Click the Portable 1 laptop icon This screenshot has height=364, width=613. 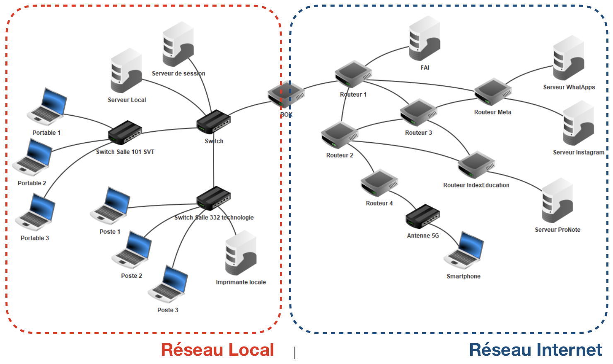pos(47,107)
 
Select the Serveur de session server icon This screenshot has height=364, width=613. pos(178,44)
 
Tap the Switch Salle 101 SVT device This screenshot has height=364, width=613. pos(125,132)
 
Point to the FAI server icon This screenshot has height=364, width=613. pos(425,38)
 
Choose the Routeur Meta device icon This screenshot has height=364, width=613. pos(493,92)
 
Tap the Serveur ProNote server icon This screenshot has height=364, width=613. pos(557,201)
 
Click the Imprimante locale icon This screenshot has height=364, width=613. pos(241,253)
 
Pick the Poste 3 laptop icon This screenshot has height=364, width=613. pos(168,284)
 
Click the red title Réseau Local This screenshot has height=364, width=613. pos(217,350)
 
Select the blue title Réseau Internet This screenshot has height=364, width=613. pos(535,350)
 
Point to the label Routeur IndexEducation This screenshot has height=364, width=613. pos(476,185)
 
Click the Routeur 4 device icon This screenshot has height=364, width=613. pos(379,183)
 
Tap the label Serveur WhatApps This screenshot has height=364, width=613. pos(569,87)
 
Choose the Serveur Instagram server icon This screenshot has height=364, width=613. pos(579,123)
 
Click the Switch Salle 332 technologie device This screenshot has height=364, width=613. pos(213,198)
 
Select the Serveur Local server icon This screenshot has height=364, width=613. pos(126,70)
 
